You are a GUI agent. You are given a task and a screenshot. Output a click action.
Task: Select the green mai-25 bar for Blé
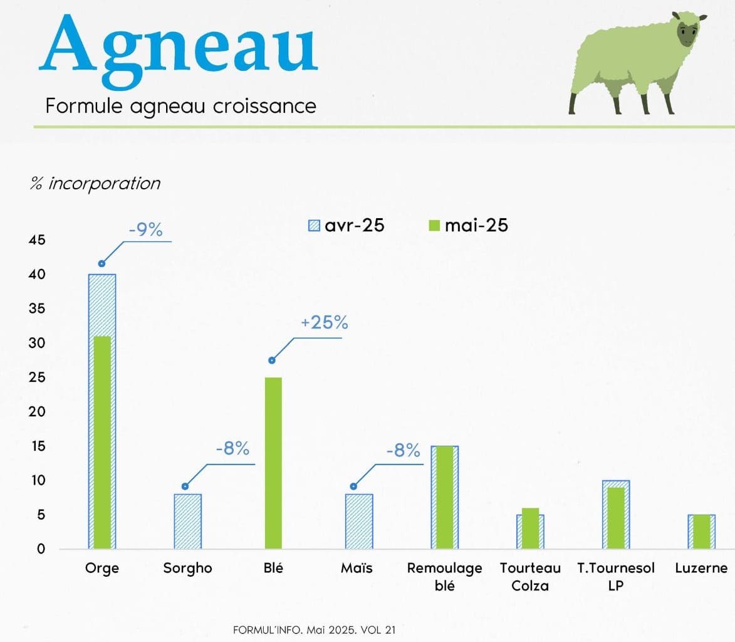(273, 463)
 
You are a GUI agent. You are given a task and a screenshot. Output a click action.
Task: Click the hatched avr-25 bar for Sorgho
(187, 522)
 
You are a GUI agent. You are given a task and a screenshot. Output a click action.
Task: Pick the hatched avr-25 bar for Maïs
(359, 522)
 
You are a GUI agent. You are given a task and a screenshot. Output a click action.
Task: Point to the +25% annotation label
(325, 323)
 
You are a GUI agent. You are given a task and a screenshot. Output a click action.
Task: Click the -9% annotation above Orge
(146, 230)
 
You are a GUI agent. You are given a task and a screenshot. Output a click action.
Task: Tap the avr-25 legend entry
(346, 226)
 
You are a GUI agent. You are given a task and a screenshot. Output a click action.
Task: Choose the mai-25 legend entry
(468, 226)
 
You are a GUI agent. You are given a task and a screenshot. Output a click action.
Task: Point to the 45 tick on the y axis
(37, 240)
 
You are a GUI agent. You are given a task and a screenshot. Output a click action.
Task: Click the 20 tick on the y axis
(37, 412)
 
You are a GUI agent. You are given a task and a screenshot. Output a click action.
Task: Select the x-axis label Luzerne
(701, 568)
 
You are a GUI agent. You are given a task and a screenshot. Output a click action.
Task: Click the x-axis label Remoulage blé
(444, 577)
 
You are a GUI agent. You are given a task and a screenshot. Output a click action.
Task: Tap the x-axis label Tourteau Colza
(530, 577)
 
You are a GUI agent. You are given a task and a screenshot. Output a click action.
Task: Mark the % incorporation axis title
(95, 183)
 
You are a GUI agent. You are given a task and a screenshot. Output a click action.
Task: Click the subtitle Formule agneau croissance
(181, 106)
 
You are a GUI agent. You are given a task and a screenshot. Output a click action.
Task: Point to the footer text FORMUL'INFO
(268, 630)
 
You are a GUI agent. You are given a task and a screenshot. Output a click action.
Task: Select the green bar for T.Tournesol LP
(616, 518)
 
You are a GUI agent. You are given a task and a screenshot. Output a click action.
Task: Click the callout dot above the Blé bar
(272, 360)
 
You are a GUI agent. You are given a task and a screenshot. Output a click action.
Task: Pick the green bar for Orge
(102, 443)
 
